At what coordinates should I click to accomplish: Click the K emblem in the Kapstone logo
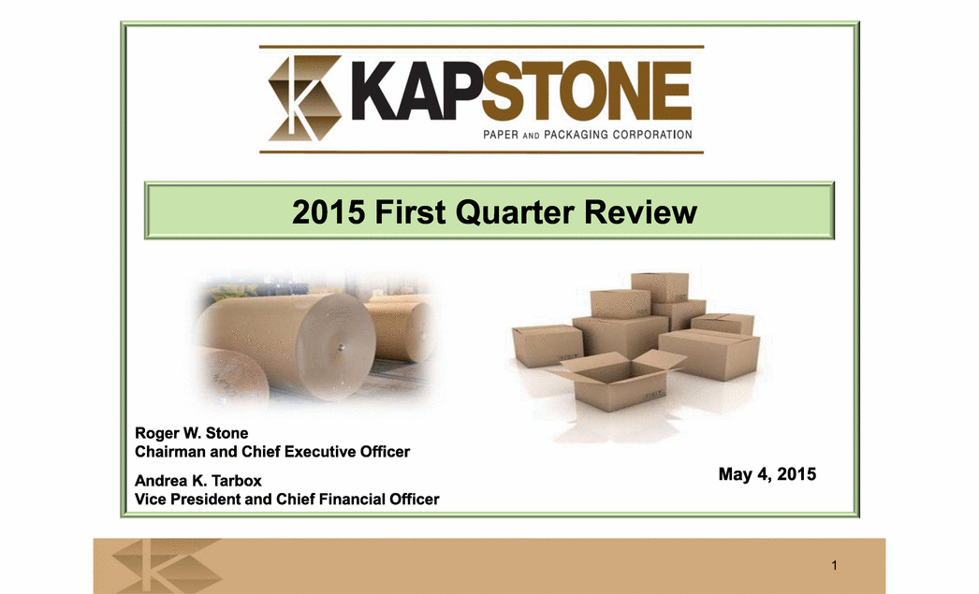[x=305, y=98]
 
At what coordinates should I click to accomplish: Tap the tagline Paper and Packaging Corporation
[x=588, y=134]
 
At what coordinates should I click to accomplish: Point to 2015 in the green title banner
[x=329, y=211]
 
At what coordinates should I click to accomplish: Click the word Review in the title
[x=640, y=211]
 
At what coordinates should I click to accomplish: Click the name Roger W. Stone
[x=192, y=433]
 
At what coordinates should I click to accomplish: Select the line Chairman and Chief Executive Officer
[x=272, y=451]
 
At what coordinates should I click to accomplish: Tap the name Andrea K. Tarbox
[x=197, y=481]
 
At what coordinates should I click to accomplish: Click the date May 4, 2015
[x=767, y=474]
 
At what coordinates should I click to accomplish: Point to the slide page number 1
[x=834, y=565]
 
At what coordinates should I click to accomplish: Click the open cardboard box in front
[x=618, y=379]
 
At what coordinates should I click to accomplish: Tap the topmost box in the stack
[x=659, y=286]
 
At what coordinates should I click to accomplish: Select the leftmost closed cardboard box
[x=548, y=346]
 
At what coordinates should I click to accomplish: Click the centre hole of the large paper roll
[x=341, y=347]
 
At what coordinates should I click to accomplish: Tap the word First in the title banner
[x=410, y=211]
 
